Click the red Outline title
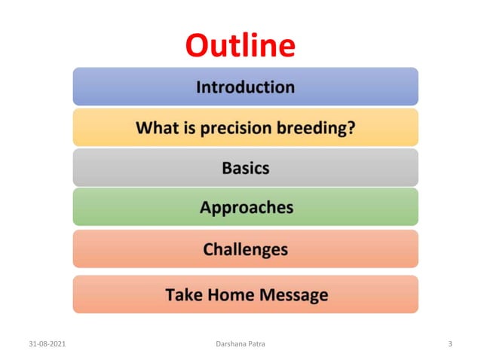coord(240,45)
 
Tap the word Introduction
coord(245,87)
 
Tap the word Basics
coord(245,167)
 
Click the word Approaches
coord(246,207)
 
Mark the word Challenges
coord(245,249)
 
